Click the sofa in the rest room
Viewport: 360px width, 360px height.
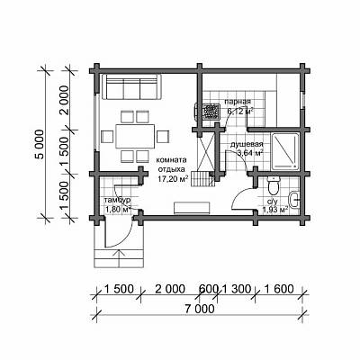pos(131,86)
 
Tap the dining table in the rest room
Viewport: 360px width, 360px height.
pos(135,136)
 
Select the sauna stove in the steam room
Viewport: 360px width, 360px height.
pos(209,112)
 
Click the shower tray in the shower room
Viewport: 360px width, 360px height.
pos(285,150)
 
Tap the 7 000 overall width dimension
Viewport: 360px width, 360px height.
pos(200,309)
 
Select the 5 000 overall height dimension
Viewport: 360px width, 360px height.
pos(40,145)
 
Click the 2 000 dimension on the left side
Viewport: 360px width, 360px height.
pos(65,100)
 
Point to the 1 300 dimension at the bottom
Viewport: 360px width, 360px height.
pos(236,289)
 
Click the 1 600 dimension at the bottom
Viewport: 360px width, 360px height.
pos(278,289)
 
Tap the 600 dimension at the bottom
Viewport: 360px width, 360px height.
pos(209,289)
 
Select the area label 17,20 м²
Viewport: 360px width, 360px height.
pos(173,179)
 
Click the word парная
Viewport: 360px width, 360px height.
pos(238,102)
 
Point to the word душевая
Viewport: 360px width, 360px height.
pos(247,144)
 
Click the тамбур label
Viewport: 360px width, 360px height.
pos(117,200)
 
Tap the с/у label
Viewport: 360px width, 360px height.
pos(274,202)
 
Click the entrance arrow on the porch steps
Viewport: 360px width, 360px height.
pos(120,258)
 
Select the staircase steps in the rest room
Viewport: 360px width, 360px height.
pos(202,178)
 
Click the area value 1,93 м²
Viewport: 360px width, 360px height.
pos(275,210)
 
